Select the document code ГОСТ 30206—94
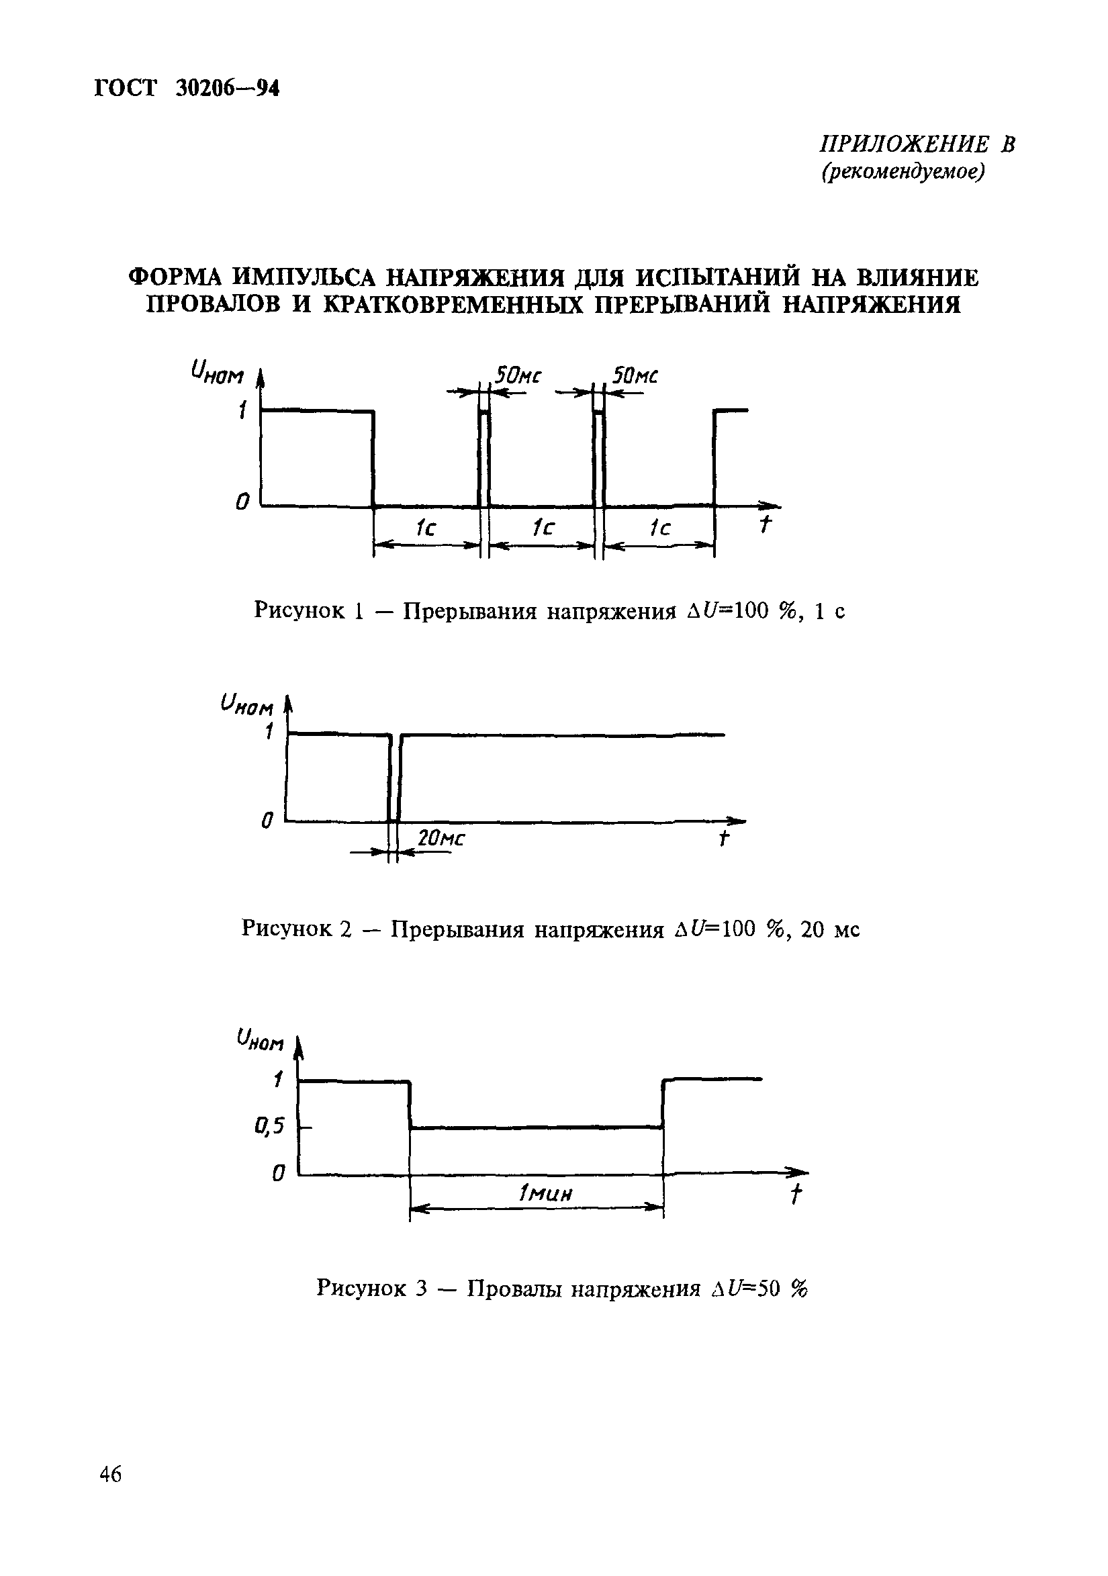coord(187,89)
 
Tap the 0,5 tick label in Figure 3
coord(269,1125)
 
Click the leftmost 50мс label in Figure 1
coord(518,376)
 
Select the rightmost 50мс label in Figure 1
coord(635,376)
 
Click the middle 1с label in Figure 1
coord(544,527)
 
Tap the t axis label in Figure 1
coord(765,524)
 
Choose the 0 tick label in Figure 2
coord(267,820)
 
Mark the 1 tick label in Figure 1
coord(242,411)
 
